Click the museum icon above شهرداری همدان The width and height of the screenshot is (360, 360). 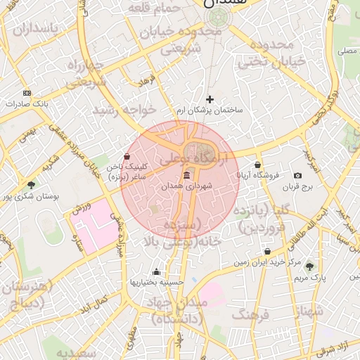[186, 175]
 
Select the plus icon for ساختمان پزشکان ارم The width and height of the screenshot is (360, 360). [210, 100]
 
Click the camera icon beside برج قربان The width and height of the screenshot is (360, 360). [297, 175]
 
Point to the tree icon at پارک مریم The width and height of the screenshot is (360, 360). [309, 266]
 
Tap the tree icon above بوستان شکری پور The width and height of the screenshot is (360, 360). [31, 185]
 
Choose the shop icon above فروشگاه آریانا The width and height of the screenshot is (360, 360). [258, 164]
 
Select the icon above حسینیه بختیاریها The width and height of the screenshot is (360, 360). [156, 272]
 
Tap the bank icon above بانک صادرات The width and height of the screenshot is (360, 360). [27, 93]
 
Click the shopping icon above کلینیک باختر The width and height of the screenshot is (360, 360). [127, 157]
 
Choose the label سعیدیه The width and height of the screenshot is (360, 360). [75, 352]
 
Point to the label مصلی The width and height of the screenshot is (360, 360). [346, 51]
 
